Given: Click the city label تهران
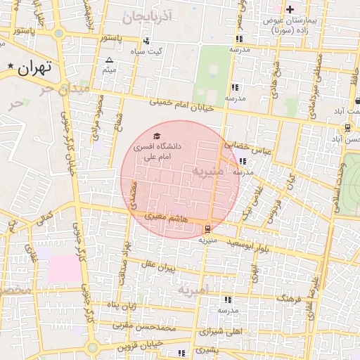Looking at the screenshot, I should (x=37, y=67).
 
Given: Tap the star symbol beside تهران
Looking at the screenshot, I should (x=11, y=66).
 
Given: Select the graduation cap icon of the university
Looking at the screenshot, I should (x=157, y=135).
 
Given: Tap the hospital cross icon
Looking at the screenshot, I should (x=290, y=9).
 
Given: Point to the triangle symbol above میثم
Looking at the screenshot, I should (x=109, y=60).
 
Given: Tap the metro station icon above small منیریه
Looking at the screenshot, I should (x=207, y=229).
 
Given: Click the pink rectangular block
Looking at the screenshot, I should (x=65, y=269).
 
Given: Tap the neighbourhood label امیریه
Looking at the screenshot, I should (x=193, y=289).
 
